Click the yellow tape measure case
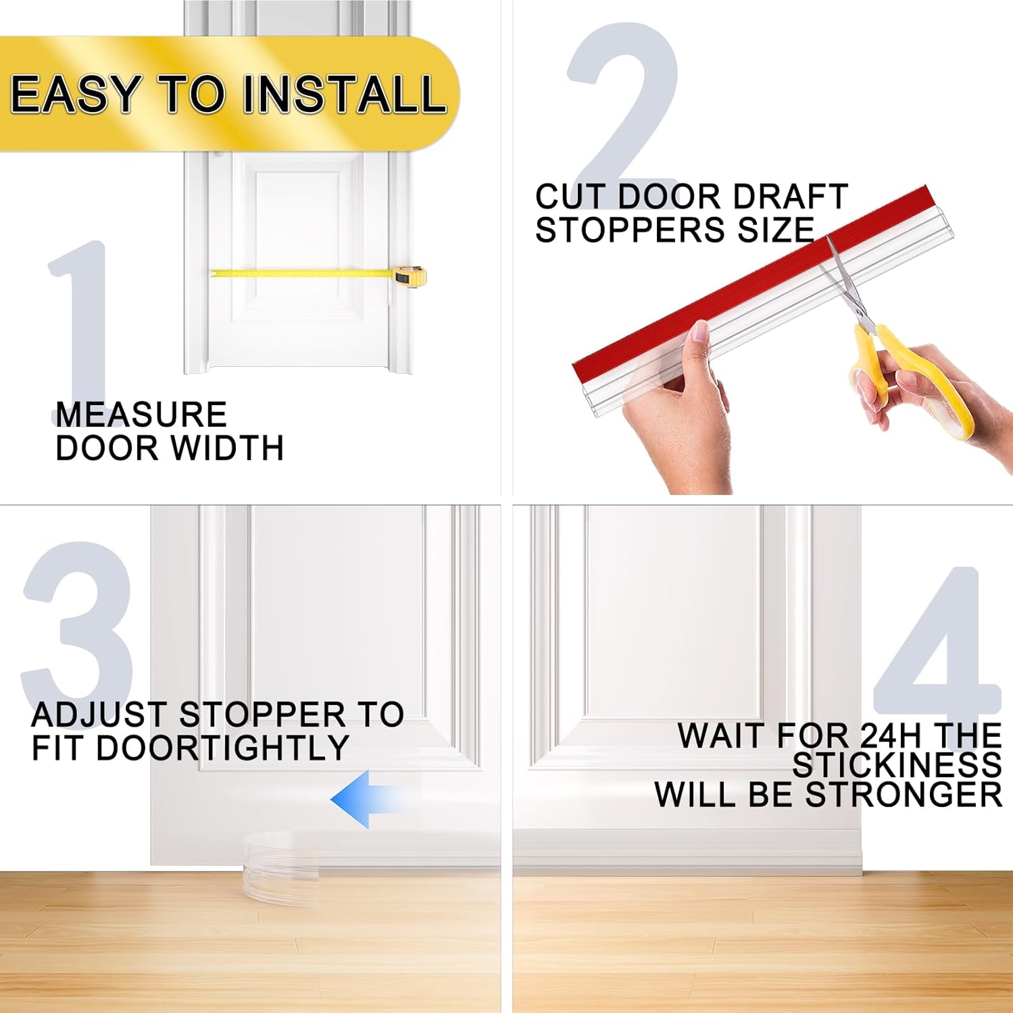click(410, 276)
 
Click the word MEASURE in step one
click(141, 415)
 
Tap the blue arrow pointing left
click(365, 800)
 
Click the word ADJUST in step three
click(99, 715)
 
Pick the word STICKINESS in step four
click(897, 764)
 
